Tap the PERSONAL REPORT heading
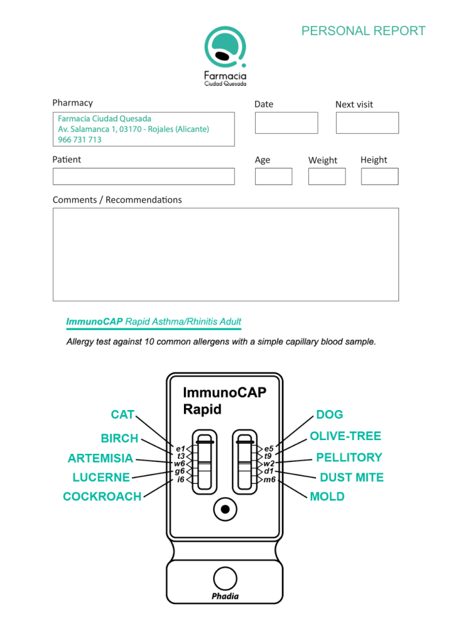[363, 31]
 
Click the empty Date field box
[286, 123]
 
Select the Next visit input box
[367, 123]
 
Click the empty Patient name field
[143, 177]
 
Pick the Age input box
[273, 177]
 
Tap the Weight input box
[327, 177]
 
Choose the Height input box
[380, 177]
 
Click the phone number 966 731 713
[79, 140]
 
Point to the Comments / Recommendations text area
[225, 254]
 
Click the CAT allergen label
[123, 414]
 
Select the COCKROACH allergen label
[102, 496]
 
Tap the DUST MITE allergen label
[352, 478]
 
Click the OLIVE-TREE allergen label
[345, 436]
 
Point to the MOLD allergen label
[327, 496]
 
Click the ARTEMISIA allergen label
[100, 458]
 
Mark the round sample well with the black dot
[225, 508]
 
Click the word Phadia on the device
[225, 595]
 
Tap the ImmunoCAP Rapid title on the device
[224, 401]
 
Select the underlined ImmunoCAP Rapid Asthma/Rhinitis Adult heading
[154, 322]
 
